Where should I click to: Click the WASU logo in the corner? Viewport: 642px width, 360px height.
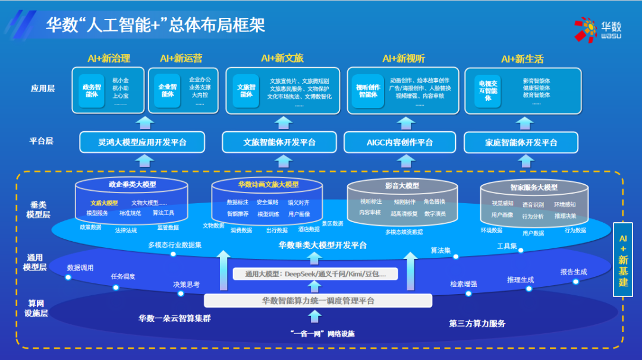pos(597,29)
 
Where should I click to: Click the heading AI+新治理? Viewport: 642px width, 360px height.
pos(109,59)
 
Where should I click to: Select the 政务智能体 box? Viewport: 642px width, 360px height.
pos(92,91)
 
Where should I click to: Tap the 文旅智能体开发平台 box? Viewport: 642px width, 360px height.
pos(279,143)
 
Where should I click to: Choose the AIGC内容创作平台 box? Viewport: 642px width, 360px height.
pos(399,143)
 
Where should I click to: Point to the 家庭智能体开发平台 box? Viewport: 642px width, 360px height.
pos(521,143)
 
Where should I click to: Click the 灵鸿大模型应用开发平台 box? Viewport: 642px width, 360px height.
pos(142,143)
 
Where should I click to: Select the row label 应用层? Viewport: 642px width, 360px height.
pos(42,89)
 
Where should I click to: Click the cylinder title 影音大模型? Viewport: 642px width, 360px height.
pos(402,186)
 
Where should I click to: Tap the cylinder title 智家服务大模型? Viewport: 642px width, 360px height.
pos(534,187)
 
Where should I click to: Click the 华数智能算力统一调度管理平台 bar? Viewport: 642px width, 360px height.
pos(318,301)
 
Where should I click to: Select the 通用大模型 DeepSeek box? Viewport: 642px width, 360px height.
pos(316,274)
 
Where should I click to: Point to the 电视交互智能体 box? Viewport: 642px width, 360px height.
pos(488,91)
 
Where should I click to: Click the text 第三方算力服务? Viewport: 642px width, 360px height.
pos(477,324)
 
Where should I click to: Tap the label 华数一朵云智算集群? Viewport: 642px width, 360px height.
pos(175,318)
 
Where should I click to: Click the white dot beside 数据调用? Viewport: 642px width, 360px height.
pos(68,277)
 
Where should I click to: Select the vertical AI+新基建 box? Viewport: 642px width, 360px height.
pos(622,259)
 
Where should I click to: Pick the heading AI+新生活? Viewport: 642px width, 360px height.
pos(522,59)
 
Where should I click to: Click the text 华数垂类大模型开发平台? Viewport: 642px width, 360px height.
pos(323,245)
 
